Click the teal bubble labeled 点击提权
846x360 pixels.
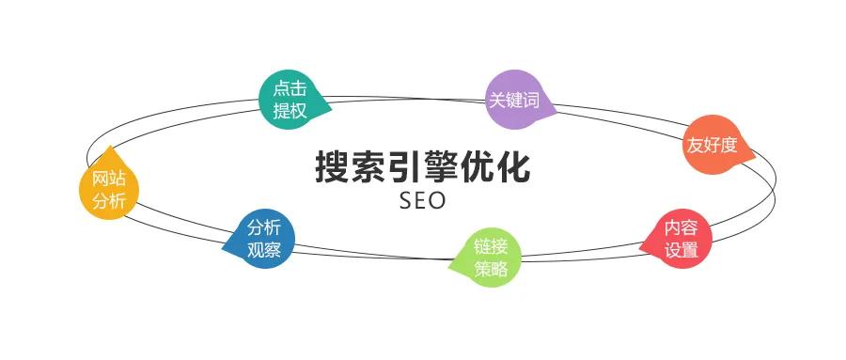pos(290,99)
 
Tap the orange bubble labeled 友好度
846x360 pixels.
pos(711,146)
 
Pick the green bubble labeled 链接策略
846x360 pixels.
pos(491,258)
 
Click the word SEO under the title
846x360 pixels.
pos(422,201)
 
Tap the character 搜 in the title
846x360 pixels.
pos(333,167)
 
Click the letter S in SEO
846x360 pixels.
pos(406,201)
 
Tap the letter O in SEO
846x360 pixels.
pos(438,201)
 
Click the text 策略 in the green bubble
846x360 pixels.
pos(491,269)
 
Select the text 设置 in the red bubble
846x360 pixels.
pos(681,250)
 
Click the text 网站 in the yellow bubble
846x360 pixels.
pos(102,179)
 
